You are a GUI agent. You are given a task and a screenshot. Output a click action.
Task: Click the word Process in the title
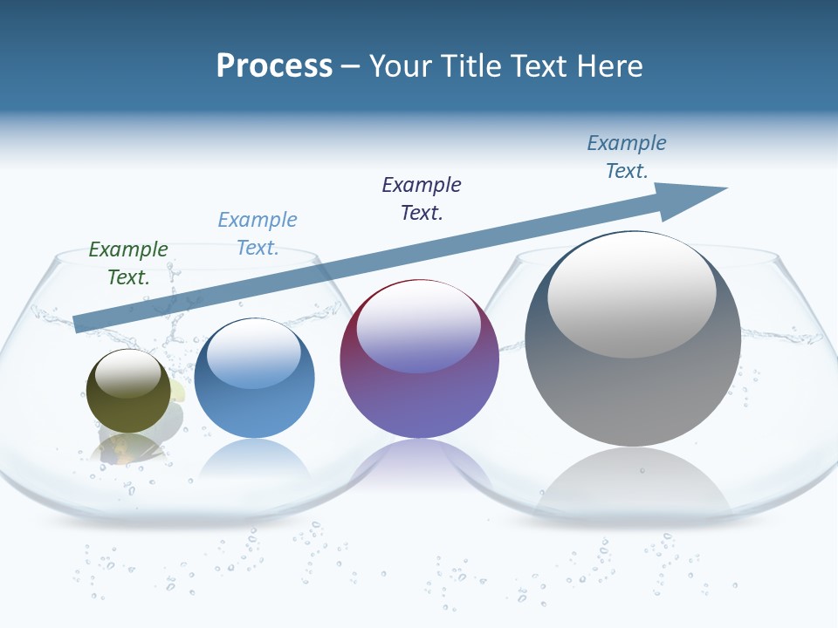(x=274, y=66)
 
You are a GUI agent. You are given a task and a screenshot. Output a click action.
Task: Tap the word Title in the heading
(x=470, y=66)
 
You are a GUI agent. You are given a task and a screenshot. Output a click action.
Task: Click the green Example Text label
(x=128, y=263)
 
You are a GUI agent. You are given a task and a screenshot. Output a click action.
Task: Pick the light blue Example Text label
(x=258, y=234)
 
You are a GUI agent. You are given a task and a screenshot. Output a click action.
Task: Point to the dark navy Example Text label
(x=422, y=199)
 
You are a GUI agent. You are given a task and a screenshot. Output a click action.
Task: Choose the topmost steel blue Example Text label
(x=627, y=157)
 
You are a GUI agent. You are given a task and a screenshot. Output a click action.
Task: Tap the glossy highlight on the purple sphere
(x=418, y=327)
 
